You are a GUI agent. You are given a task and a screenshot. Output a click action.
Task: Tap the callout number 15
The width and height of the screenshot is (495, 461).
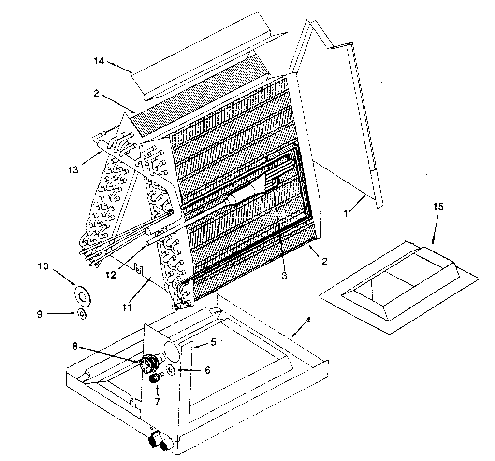pos(438,207)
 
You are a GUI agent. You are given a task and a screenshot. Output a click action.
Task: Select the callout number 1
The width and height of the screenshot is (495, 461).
pos(346,212)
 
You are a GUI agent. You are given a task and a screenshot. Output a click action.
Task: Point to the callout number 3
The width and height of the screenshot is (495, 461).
pos(285,276)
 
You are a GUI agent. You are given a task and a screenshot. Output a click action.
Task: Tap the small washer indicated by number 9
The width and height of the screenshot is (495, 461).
pos(82,314)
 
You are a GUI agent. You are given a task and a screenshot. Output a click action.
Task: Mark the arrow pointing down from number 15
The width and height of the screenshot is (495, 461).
pos(434,232)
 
